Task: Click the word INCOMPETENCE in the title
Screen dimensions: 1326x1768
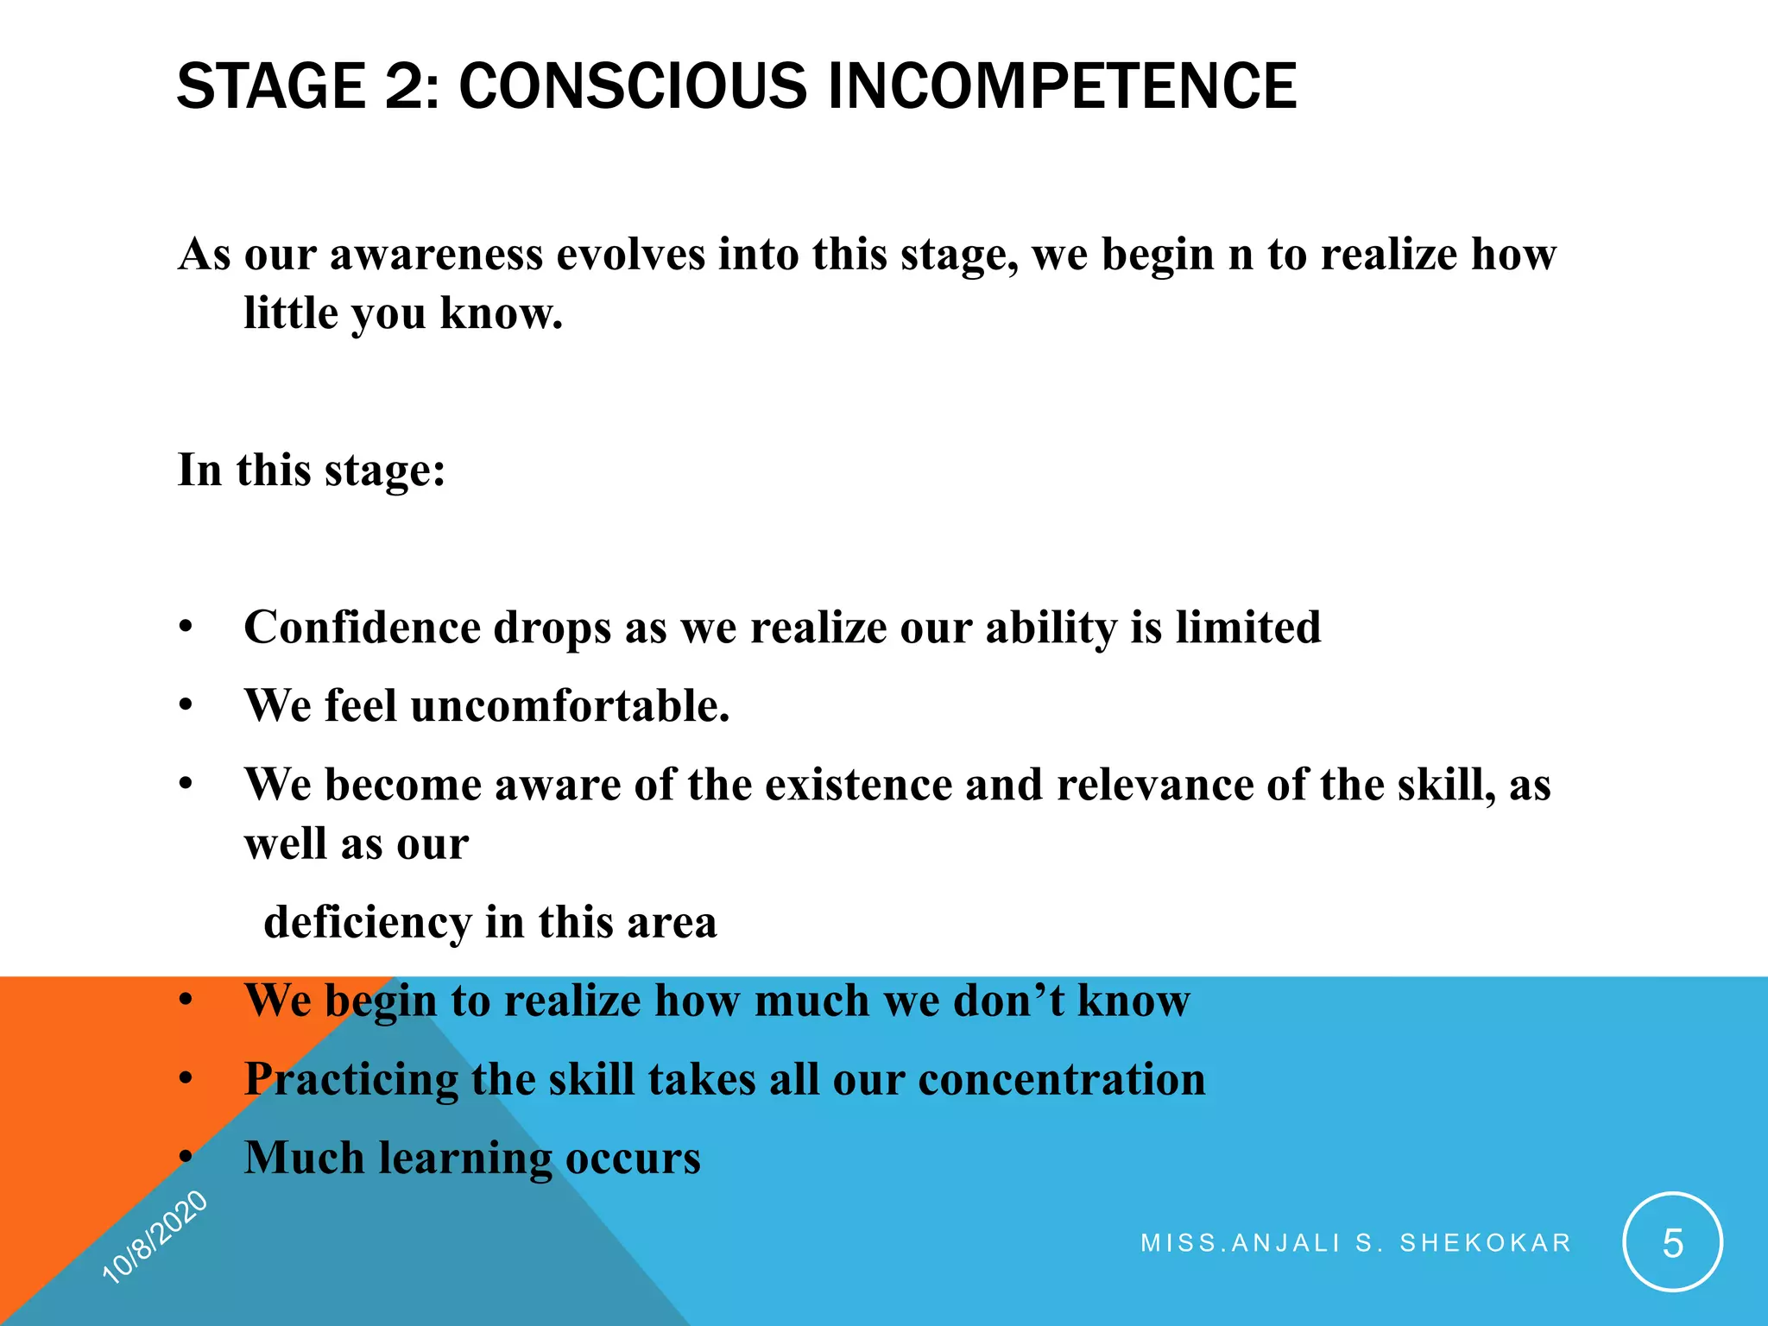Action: click(x=1062, y=86)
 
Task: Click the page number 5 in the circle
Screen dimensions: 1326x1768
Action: click(x=1672, y=1243)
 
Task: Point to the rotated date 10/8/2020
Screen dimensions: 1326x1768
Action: click(x=155, y=1236)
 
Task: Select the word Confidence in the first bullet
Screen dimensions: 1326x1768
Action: click(x=363, y=627)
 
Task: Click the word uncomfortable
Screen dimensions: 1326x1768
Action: click(x=570, y=705)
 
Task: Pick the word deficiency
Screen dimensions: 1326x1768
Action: click(x=367, y=922)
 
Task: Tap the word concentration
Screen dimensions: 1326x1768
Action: click(x=1062, y=1079)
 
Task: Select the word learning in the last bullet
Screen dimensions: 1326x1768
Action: click(x=466, y=1159)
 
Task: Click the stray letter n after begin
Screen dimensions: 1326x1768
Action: click(x=1240, y=256)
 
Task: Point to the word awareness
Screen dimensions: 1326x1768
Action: click(x=437, y=256)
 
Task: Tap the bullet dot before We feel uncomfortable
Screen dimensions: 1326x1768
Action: click(x=186, y=706)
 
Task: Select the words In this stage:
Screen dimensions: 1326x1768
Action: click(x=312, y=470)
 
